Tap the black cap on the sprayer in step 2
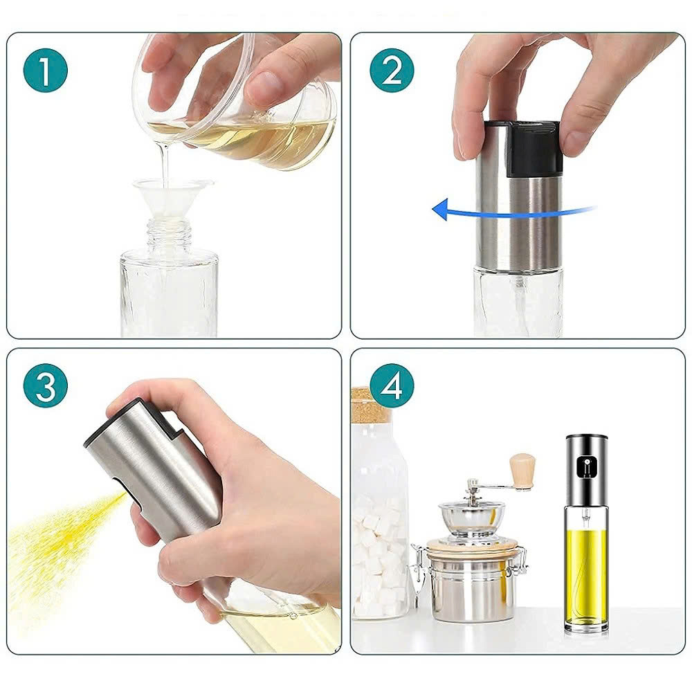click(x=531, y=147)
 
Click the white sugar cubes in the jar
click(x=377, y=554)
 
